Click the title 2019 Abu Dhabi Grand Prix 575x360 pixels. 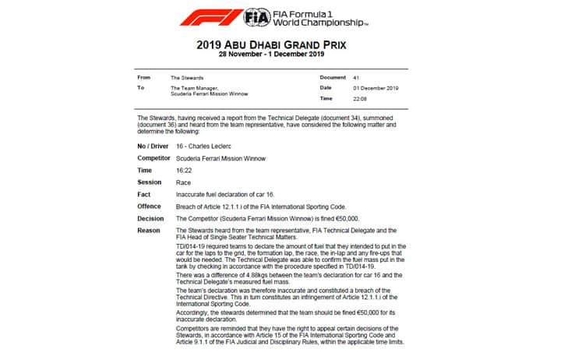[287, 45]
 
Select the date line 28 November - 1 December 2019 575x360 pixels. [287, 57]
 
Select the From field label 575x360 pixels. [143, 78]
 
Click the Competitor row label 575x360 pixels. [155, 158]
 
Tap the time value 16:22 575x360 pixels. [185, 170]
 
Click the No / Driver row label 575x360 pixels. [154, 146]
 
